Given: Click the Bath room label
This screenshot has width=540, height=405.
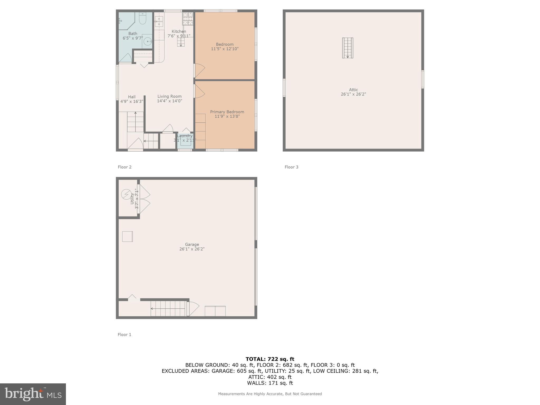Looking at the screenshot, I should click(x=133, y=33).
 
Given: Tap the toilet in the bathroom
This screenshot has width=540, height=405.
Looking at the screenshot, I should click(x=143, y=18).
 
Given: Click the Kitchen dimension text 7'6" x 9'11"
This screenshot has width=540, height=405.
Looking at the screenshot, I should click(x=179, y=36).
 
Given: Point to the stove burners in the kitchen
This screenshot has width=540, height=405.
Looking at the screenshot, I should click(x=188, y=19).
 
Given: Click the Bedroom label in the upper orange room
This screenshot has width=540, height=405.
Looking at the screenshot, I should click(x=225, y=44).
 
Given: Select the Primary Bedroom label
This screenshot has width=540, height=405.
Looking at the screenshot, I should click(x=227, y=112).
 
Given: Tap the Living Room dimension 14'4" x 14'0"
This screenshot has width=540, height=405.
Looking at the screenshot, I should click(x=170, y=101).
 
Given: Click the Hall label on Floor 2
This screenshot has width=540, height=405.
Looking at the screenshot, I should click(x=132, y=97).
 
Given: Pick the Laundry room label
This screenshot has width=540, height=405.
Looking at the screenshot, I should click(x=185, y=136).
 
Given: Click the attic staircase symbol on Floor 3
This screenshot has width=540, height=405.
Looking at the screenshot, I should click(x=348, y=48).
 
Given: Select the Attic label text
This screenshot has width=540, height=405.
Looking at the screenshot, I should click(x=353, y=90).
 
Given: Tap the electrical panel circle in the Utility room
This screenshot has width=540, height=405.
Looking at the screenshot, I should click(x=126, y=194).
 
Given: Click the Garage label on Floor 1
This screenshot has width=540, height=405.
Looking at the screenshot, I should click(x=192, y=244).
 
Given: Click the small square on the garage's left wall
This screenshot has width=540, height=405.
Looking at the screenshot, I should click(x=127, y=237).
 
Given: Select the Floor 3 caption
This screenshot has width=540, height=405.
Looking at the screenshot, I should click(x=291, y=167).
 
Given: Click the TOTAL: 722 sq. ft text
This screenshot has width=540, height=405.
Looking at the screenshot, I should click(x=270, y=359).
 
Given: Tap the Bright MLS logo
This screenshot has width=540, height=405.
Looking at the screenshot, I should click(x=33, y=394).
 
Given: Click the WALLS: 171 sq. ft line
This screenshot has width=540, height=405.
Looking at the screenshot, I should click(x=270, y=383).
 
